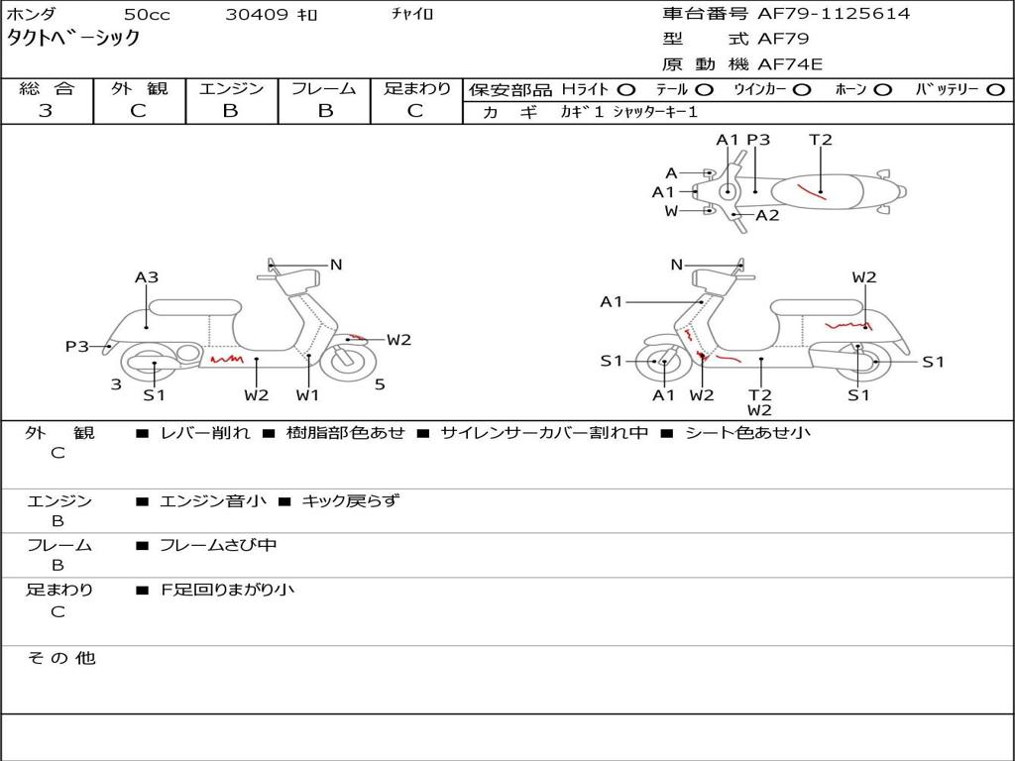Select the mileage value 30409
tap(257, 15)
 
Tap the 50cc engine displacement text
tap(146, 15)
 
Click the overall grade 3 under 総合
tap(46, 111)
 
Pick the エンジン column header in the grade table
tap(231, 88)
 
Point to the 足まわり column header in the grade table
tap(417, 88)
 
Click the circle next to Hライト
tap(626, 90)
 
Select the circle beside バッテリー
tap(995, 90)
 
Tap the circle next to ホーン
tap(882, 90)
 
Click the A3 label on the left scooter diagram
tap(147, 277)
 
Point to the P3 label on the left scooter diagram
tap(77, 346)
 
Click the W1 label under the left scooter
tap(308, 395)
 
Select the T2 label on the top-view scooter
tap(821, 140)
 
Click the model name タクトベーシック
tap(73, 39)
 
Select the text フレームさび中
tap(218, 545)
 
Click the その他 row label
tap(60, 658)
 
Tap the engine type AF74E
tap(790, 64)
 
